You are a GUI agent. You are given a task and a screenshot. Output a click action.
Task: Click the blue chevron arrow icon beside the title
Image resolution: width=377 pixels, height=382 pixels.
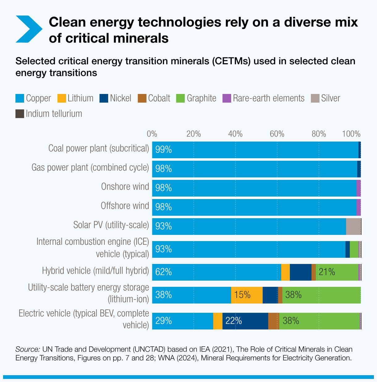tap(29, 29)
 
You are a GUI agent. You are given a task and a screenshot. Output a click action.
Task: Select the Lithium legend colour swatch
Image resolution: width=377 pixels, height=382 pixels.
tap(62, 98)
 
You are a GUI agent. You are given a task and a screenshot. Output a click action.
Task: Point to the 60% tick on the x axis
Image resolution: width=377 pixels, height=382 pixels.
tap(277, 134)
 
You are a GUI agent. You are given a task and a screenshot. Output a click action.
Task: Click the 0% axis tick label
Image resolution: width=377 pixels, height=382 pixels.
tap(152, 134)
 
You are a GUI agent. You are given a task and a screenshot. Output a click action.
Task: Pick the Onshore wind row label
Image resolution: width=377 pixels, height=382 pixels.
tap(125, 187)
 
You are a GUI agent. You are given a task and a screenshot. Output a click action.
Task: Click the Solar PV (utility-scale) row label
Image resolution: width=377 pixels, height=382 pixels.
tap(111, 225)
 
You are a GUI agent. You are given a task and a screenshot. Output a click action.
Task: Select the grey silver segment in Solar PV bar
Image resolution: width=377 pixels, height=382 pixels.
tap(353, 227)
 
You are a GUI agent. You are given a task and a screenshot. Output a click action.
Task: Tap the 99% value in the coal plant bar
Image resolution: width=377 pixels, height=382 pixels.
tap(163, 150)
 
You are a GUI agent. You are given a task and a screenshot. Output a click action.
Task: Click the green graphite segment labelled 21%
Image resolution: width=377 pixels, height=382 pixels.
tap(337, 272)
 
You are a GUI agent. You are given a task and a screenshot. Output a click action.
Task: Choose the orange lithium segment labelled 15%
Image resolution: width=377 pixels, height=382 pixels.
tap(247, 295)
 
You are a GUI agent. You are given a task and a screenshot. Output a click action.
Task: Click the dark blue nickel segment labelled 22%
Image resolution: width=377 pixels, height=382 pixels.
tap(245, 321)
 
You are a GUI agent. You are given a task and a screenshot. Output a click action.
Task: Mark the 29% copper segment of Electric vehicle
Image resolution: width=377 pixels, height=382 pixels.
tap(182, 321)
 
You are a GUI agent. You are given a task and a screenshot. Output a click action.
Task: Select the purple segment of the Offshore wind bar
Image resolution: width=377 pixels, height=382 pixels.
tap(358, 207)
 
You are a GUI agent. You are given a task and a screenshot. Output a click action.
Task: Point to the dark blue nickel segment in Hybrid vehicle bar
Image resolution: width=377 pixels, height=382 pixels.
tap(300, 272)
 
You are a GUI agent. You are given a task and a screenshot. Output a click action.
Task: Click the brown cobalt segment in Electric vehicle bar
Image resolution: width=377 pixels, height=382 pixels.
tap(273, 321)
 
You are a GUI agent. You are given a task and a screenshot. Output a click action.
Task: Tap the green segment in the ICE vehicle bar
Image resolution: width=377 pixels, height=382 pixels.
tap(354, 249)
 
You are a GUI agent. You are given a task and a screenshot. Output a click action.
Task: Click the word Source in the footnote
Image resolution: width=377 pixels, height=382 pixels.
tap(28, 350)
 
